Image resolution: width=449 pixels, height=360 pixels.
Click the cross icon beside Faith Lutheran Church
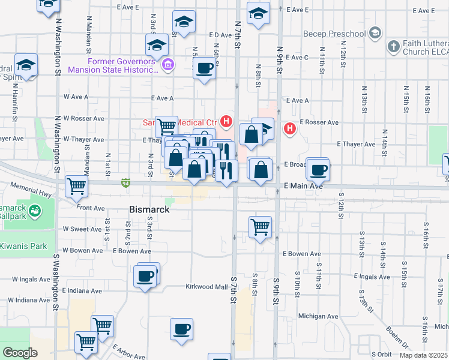click(x=394, y=46)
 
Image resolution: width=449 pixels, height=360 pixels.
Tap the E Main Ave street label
click(x=304, y=187)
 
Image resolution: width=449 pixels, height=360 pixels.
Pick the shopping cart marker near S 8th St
click(x=260, y=227)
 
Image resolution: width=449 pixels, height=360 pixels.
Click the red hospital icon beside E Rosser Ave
click(x=290, y=128)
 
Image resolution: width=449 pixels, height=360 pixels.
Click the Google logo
click(x=20, y=352)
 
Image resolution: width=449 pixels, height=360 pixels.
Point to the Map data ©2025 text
click(x=423, y=355)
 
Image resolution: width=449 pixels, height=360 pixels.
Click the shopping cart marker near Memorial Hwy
click(x=77, y=186)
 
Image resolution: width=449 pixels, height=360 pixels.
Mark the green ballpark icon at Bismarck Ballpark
click(x=34, y=210)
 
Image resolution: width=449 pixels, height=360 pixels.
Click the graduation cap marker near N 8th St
click(x=259, y=13)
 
